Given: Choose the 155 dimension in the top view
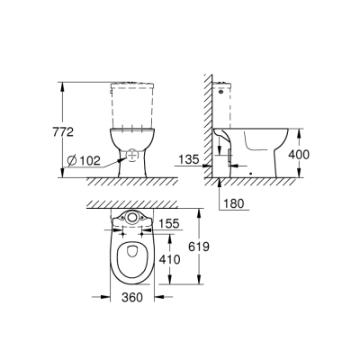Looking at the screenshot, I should point(168,223).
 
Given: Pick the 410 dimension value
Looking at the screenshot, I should point(168,259).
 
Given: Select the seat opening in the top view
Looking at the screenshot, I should point(133,256).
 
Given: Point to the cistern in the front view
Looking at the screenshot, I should point(132,104).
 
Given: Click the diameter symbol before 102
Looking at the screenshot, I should point(71,161).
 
